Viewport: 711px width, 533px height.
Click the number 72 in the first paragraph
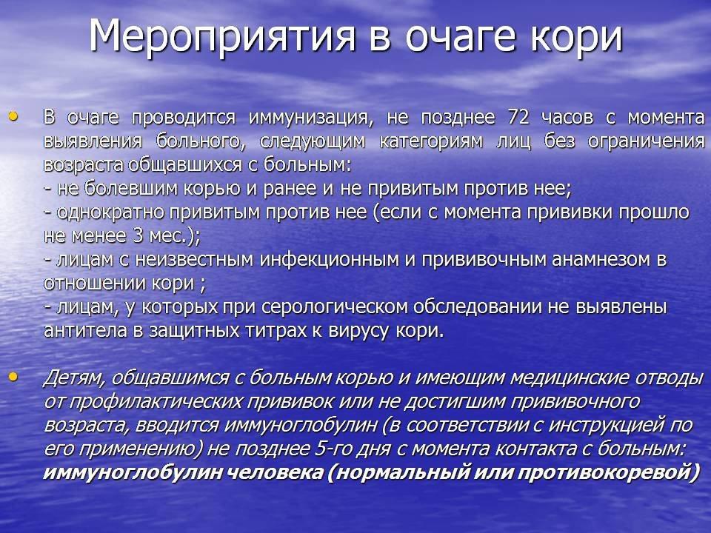click(x=518, y=118)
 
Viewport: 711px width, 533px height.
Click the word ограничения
click(x=646, y=142)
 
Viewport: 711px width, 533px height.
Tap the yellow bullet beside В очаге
click(x=13, y=117)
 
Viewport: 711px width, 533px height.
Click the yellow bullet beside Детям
click(x=13, y=376)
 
